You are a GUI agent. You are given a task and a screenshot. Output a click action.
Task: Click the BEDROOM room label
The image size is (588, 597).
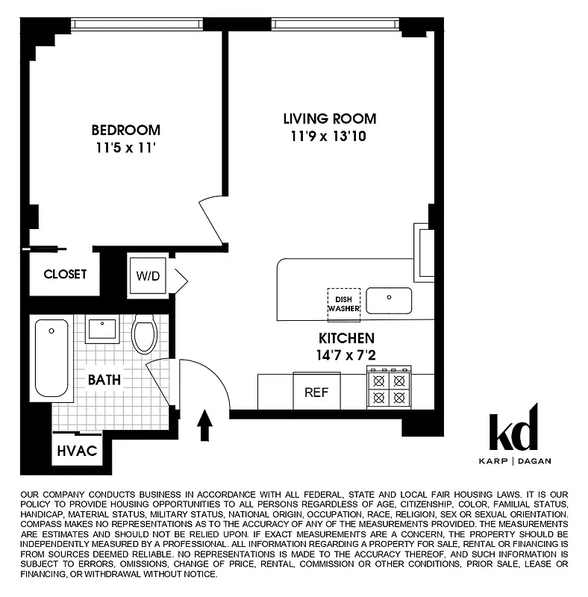click(x=125, y=129)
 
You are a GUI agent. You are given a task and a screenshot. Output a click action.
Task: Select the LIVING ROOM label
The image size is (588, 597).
click(x=329, y=119)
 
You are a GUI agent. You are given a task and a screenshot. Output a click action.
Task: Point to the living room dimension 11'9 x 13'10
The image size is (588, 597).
click(x=329, y=137)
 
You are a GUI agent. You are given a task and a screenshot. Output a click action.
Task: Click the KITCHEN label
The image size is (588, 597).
click(x=346, y=338)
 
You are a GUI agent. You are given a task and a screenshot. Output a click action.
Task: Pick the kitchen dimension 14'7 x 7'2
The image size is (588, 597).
click(x=346, y=355)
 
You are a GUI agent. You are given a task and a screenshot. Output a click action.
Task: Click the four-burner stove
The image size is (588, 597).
click(x=389, y=388)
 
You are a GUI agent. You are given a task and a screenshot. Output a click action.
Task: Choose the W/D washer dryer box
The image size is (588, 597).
click(x=148, y=275)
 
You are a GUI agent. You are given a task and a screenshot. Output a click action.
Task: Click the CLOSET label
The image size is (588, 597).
click(x=65, y=274)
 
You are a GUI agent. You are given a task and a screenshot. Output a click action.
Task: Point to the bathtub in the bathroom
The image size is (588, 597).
click(x=51, y=359)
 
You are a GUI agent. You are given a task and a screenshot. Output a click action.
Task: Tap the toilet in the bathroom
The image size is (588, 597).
click(x=143, y=334)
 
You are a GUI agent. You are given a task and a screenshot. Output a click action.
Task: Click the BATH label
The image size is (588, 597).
click(x=104, y=380)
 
